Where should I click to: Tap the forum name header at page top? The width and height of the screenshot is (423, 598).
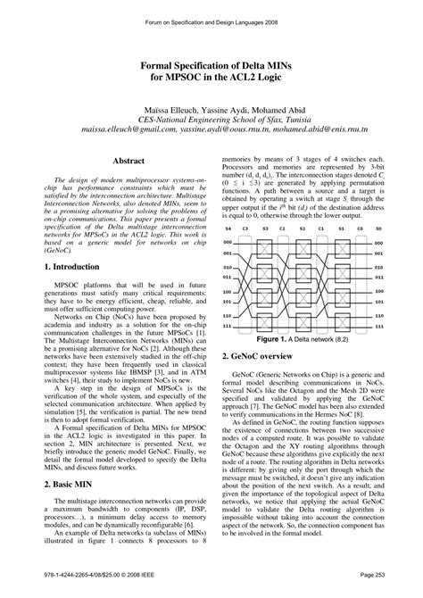pyautogui.click(x=211, y=14)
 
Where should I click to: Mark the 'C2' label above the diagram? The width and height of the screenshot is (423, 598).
pyautogui.click(x=283, y=228)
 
